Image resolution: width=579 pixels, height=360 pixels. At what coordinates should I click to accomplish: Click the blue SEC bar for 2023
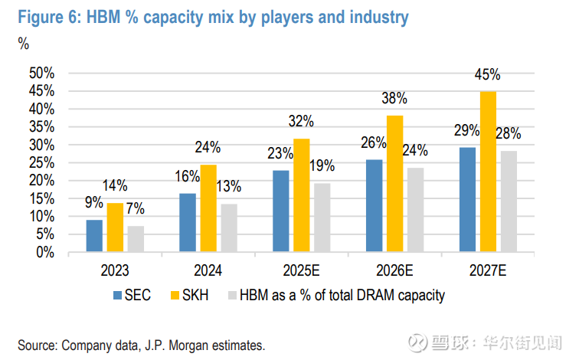94,236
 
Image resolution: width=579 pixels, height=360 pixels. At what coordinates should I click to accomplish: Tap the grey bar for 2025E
322,218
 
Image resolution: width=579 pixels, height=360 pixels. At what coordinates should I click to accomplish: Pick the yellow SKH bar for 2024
208,208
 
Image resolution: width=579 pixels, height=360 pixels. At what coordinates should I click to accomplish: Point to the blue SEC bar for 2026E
375,205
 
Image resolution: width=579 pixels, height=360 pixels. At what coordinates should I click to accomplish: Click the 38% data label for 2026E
395,99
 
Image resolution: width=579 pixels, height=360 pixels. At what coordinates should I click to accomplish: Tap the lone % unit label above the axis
23,44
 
